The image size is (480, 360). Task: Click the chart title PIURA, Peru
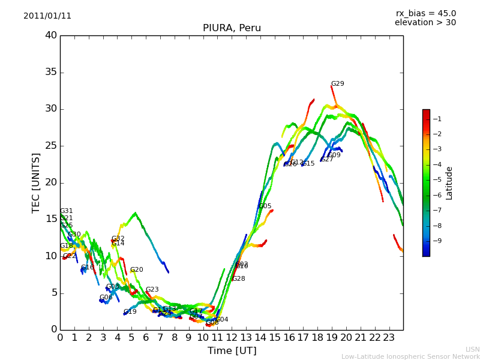pos(232,28)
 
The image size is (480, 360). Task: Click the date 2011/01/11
pos(47,16)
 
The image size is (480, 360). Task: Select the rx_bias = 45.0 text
pos(425,14)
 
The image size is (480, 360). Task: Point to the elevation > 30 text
pos(425,23)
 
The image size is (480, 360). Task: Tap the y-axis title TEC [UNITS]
pos(36,182)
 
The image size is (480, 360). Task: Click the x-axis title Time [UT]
pos(232,351)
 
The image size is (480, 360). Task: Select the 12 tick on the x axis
pos(232,337)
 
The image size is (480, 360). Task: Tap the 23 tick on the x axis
pos(389,337)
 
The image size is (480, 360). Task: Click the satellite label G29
pos(338,84)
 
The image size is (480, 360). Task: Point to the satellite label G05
pos(265,206)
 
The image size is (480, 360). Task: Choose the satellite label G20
pos(137,270)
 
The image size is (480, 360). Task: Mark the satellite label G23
pos(152,290)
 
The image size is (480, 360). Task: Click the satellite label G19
pos(130,312)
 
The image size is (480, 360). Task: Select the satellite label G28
pos(239,279)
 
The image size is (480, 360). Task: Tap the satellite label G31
pos(67,211)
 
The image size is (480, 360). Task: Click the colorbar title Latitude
pos(449,183)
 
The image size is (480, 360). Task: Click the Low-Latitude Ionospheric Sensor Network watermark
pos(410,356)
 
